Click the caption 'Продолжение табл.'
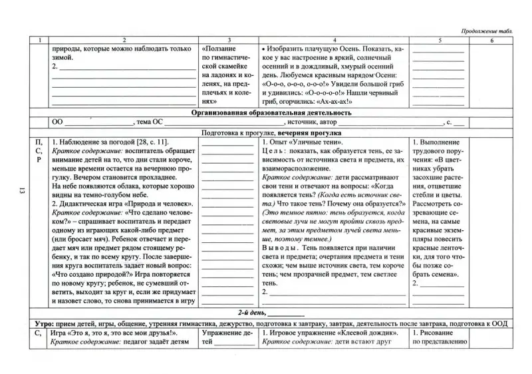485,31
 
